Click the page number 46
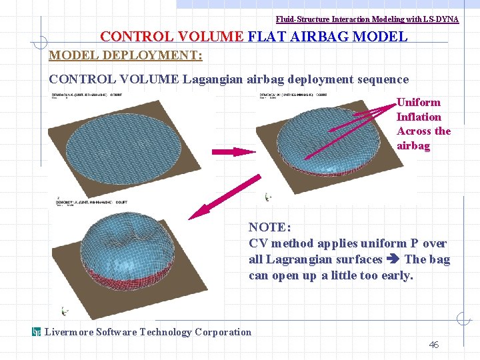(x=433, y=345)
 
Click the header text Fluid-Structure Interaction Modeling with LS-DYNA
(x=367, y=19)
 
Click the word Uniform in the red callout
(x=419, y=102)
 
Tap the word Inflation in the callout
(x=419, y=117)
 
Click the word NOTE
(x=269, y=227)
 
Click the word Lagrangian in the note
(x=294, y=259)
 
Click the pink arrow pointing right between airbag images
(x=234, y=152)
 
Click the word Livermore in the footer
(x=69, y=332)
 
